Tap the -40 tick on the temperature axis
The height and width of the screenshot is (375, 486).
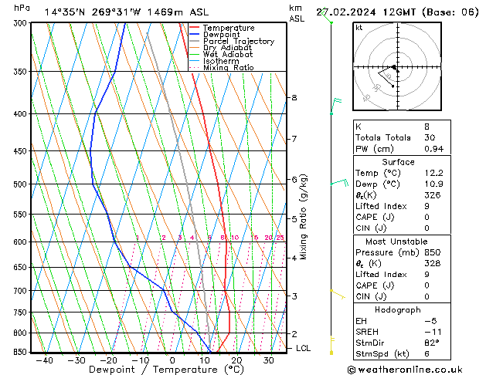click(45, 360)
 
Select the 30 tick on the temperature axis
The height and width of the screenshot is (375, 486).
click(268, 360)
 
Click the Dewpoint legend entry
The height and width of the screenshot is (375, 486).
click(221, 35)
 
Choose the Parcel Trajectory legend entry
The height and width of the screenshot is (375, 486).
click(238, 42)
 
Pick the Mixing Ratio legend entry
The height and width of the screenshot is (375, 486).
click(227, 68)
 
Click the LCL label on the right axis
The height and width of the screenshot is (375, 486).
click(304, 348)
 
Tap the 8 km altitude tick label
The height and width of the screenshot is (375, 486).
click(294, 98)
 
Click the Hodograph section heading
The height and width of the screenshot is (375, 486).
click(398, 309)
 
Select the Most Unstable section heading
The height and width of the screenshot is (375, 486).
click(398, 242)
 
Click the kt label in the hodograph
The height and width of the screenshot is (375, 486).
click(359, 27)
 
